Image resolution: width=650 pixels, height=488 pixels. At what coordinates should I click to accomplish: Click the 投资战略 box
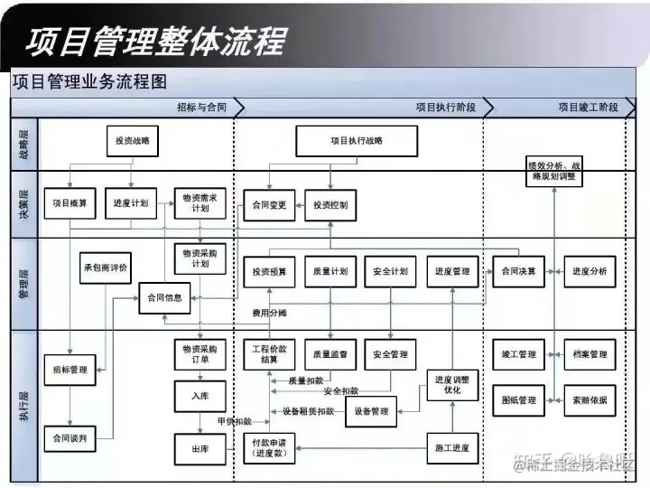pyautogui.click(x=133, y=141)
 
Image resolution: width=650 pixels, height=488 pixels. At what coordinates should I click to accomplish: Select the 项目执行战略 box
pyautogui.click(x=357, y=141)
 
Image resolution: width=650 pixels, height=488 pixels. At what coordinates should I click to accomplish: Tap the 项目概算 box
pyautogui.click(x=70, y=204)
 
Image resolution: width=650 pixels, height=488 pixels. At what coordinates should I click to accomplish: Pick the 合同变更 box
pyautogui.click(x=268, y=205)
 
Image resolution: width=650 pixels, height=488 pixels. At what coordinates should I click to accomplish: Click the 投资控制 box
pyautogui.click(x=330, y=205)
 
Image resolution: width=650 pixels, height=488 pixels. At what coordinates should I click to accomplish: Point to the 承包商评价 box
pyautogui.click(x=107, y=267)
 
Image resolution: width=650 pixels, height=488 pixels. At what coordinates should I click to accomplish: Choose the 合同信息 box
pyautogui.click(x=164, y=297)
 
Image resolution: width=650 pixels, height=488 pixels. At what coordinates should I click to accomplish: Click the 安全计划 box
pyautogui.click(x=390, y=271)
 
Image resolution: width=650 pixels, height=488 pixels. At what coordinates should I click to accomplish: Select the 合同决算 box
pyautogui.click(x=519, y=271)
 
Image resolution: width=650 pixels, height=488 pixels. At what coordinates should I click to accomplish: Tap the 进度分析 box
pyautogui.click(x=590, y=271)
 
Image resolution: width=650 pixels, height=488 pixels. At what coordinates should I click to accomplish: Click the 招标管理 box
pyautogui.click(x=70, y=370)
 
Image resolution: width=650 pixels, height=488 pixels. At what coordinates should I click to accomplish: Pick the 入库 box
pyautogui.click(x=200, y=395)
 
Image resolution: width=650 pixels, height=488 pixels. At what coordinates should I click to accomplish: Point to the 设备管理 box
pyautogui.click(x=371, y=411)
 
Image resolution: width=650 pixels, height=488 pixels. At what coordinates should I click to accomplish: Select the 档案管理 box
pyautogui.click(x=590, y=354)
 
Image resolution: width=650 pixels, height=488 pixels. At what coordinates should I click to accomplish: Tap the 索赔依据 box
pyautogui.click(x=590, y=399)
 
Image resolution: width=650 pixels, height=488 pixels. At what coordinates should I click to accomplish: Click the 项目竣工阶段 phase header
pyautogui.click(x=587, y=108)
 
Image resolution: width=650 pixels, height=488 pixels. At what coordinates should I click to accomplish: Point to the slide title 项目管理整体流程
pyautogui.click(x=154, y=41)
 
